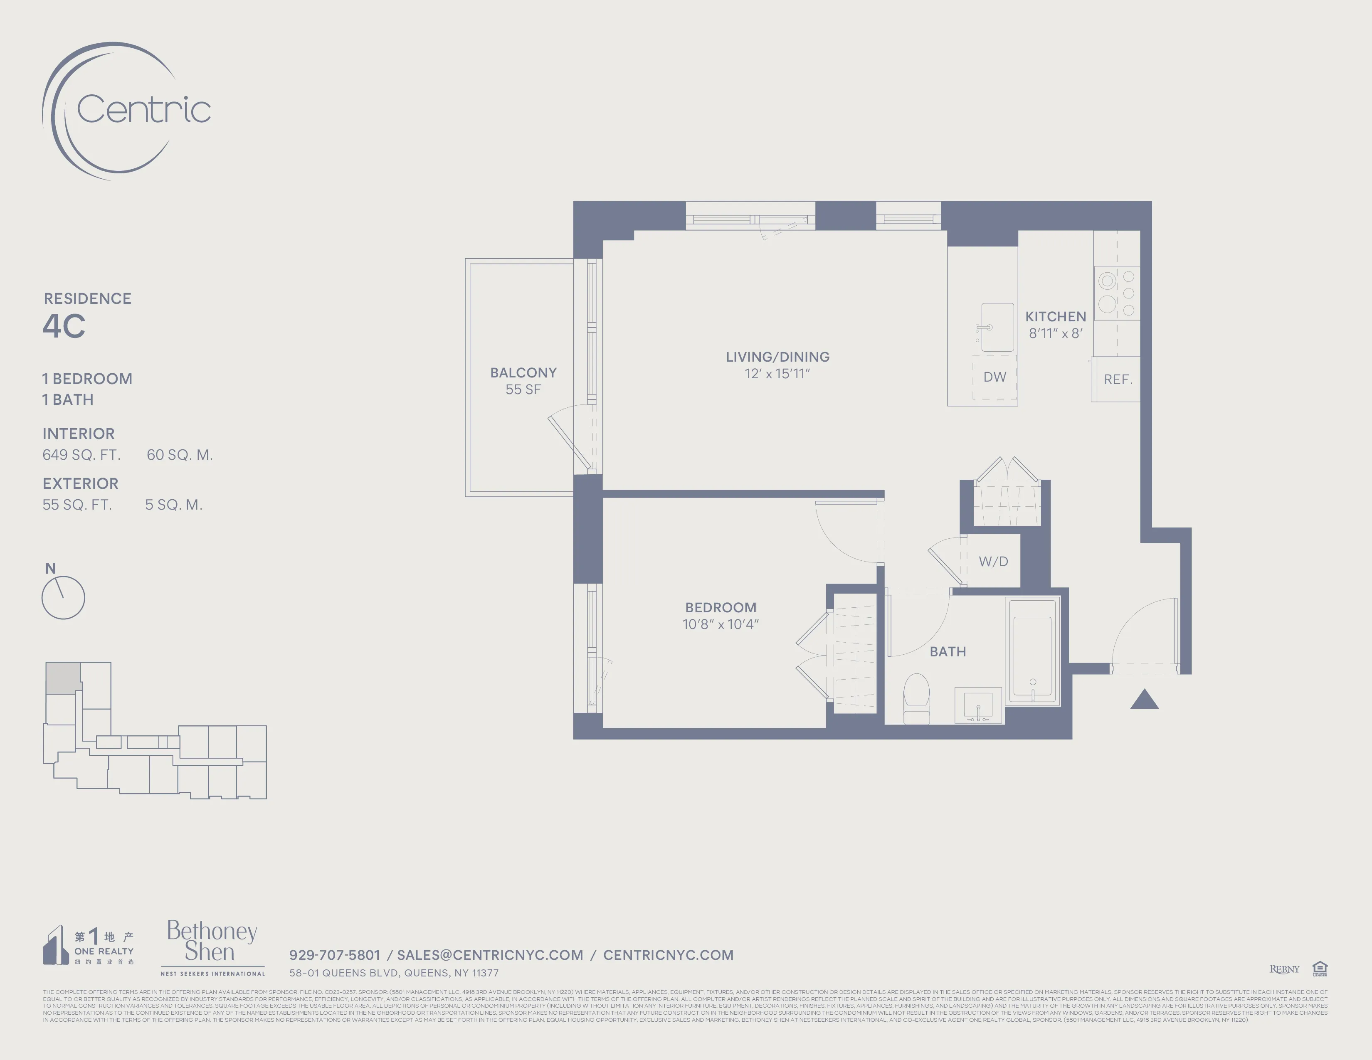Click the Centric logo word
point(143,109)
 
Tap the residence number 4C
point(64,326)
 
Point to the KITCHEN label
point(1055,316)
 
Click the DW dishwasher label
point(994,377)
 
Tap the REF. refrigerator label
point(1118,379)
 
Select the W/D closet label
point(993,562)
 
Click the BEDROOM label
point(721,607)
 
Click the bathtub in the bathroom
point(1032,651)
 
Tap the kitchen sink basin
point(997,327)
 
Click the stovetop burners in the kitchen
point(1116,293)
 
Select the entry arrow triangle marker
point(1144,700)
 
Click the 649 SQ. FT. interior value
point(81,455)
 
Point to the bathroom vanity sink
point(978,706)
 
